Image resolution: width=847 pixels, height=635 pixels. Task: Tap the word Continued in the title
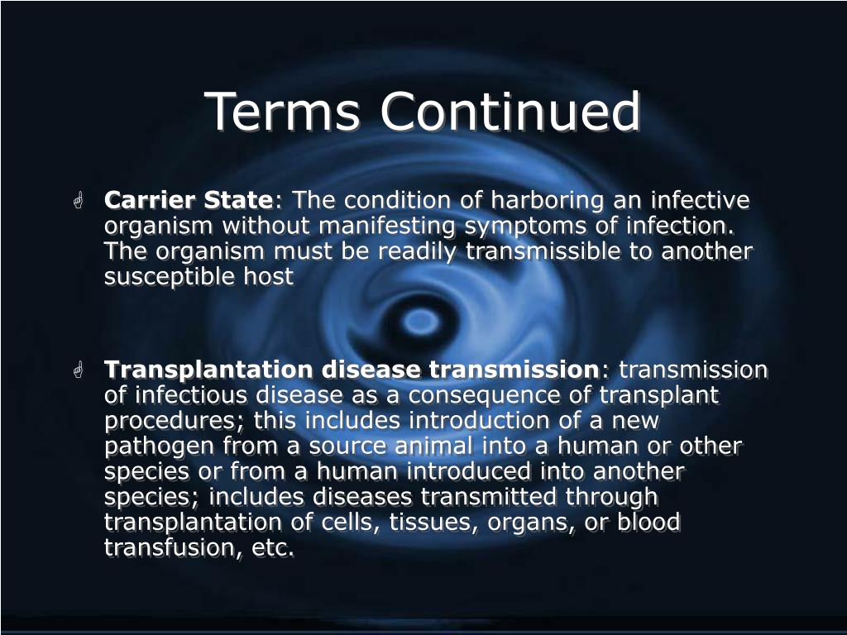(x=510, y=112)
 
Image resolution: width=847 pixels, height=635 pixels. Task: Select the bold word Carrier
(x=148, y=201)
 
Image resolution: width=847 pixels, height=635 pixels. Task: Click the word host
(x=269, y=277)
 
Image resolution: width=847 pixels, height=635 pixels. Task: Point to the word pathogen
(x=159, y=446)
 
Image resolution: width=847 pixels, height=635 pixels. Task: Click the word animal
(x=436, y=446)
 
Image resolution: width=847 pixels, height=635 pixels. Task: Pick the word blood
(x=648, y=523)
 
